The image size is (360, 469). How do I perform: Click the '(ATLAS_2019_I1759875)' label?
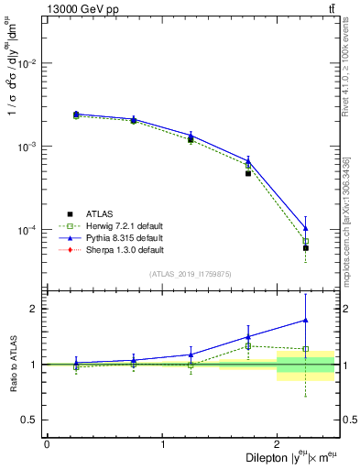(191, 272)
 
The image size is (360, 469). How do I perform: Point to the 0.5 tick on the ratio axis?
(32, 420)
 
